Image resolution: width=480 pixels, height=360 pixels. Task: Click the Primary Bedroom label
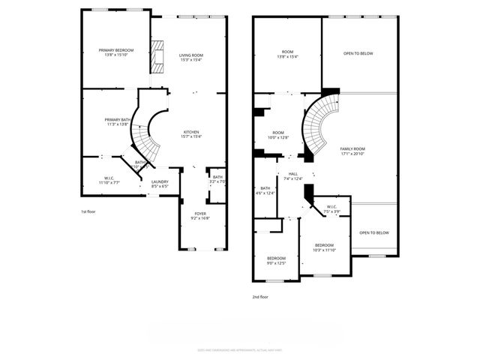coord(115,52)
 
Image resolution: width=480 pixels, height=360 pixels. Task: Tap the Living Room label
coord(190,58)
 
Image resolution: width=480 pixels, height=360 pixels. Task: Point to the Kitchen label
coord(190,133)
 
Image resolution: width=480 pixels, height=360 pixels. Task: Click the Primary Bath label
coord(117,122)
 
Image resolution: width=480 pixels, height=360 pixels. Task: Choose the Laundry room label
coord(160,184)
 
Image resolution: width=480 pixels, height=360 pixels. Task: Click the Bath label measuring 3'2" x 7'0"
coord(217,179)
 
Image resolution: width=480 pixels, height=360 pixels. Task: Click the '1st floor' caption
coord(88,212)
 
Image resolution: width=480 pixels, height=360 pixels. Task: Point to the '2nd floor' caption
coord(260,297)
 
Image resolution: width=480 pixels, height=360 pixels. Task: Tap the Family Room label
coord(352,151)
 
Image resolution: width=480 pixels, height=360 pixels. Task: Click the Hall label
coord(292,176)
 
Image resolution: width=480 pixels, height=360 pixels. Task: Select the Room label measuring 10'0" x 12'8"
coord(279,134)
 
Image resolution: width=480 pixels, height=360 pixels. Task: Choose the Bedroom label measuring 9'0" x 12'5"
coord(277,260)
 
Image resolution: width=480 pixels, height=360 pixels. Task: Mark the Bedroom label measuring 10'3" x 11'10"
coord(324,247)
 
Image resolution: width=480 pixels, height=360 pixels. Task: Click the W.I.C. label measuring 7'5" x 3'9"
coord(332,210)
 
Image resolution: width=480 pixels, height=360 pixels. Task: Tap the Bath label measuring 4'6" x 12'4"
coord(265,190)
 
